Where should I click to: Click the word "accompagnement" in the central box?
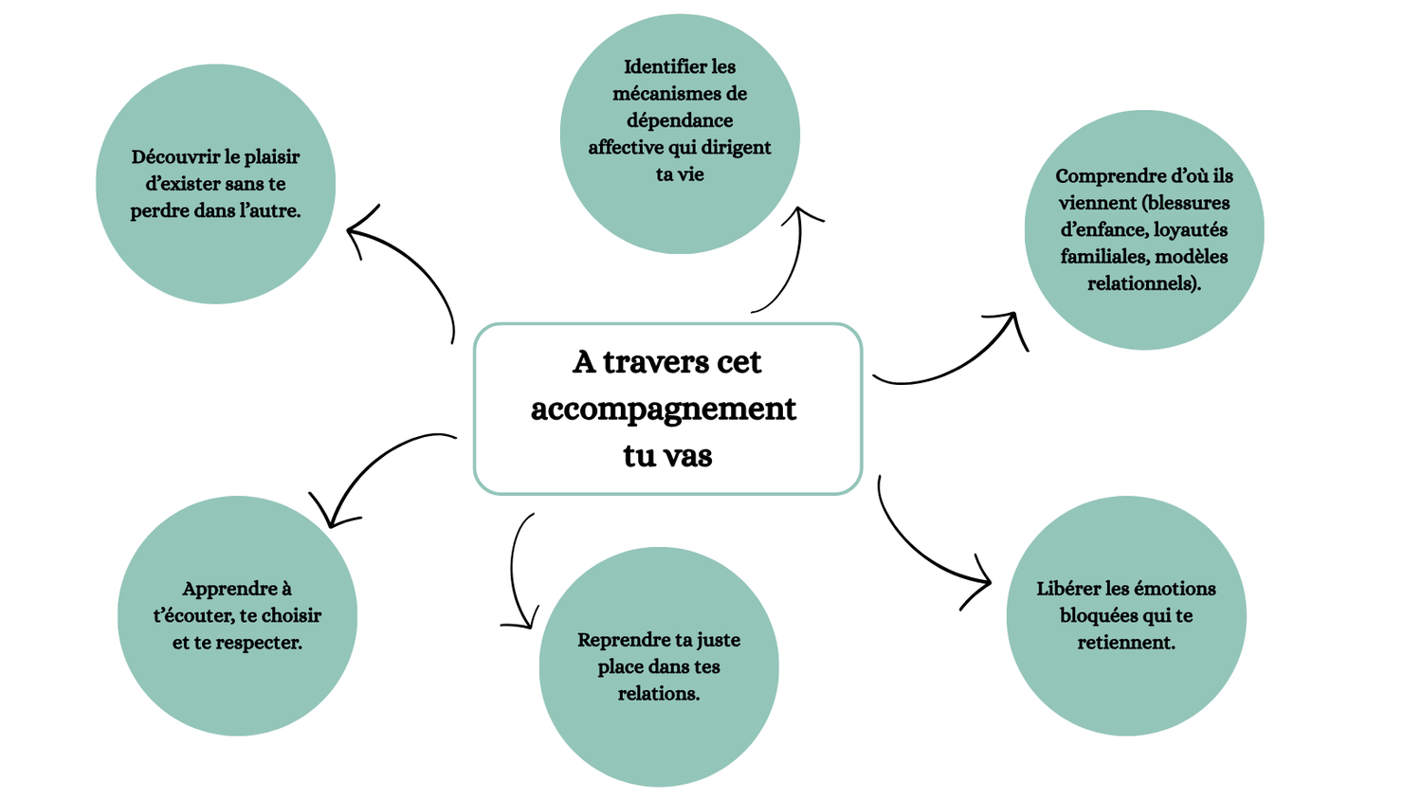click(663, 410)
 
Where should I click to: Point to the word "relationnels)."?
click(1143, 283)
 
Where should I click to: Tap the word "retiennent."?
click(1125, 643)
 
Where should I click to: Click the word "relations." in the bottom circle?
click(658, 694)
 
